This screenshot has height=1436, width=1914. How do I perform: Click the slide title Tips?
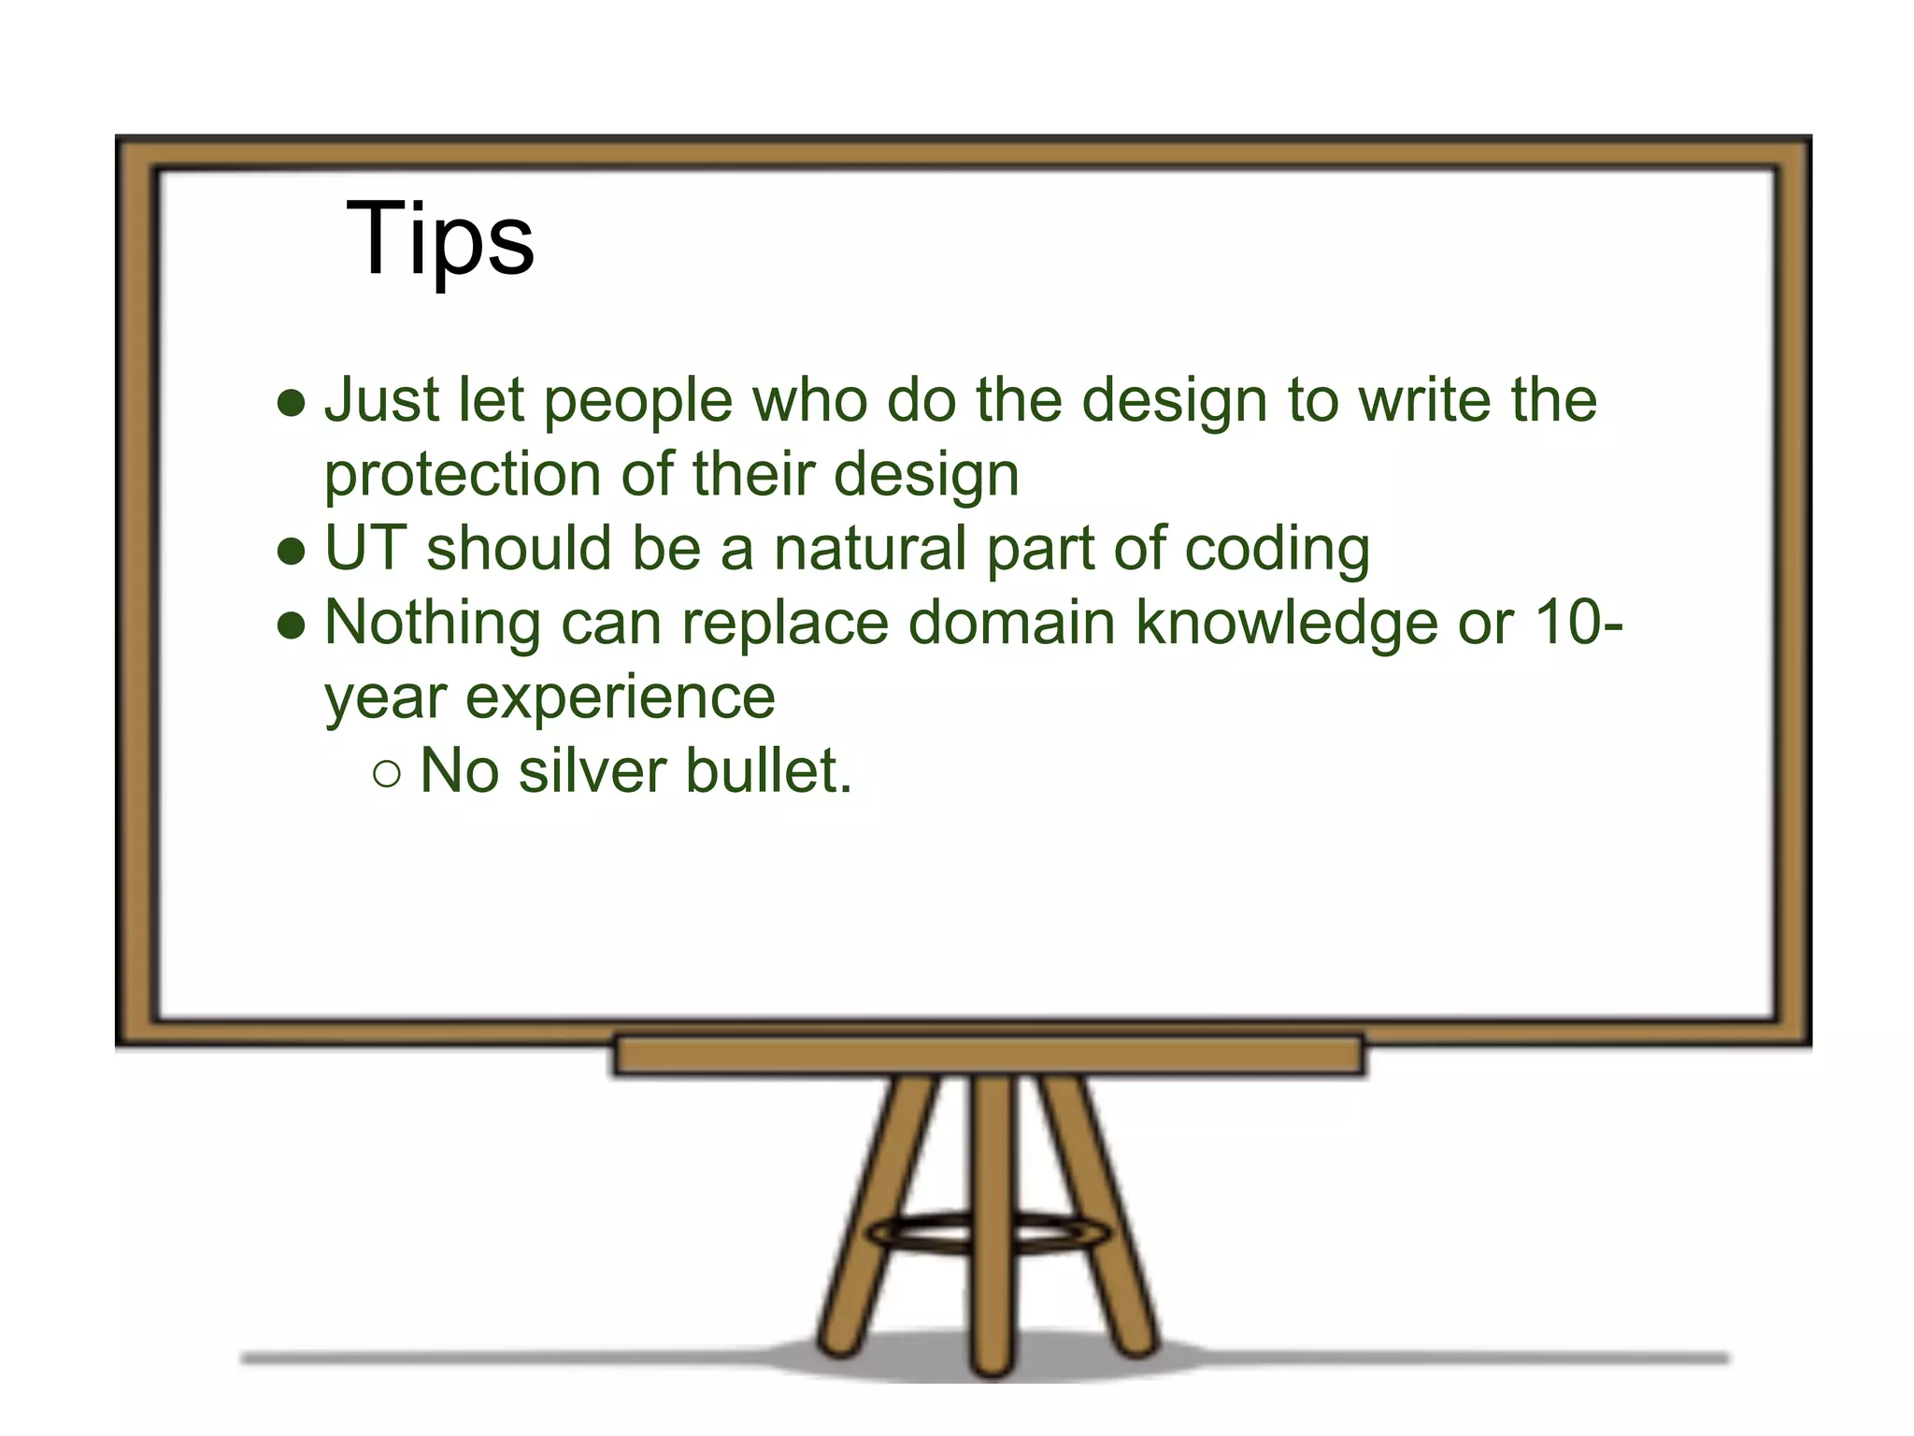click(x=439, y=239)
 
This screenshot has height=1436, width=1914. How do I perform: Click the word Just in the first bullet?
click(x=380, y=400)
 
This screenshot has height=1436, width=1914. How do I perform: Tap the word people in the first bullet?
click(x=638, y=402)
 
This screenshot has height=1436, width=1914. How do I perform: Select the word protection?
click(x=463, y=475)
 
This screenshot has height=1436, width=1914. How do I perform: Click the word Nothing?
click(x=432, y=624)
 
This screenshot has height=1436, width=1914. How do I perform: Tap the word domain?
click(x=1011, y=623)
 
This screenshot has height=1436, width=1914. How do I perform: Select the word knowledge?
click(x=1286, y=625)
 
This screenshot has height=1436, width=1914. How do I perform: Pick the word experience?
click(x=620, y=697)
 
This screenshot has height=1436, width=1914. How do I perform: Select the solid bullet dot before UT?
click(x=292, y=552)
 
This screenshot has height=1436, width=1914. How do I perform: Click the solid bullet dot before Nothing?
click(x=292, y=625)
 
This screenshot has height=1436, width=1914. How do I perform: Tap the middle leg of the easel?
click(x=991, y=1215)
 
